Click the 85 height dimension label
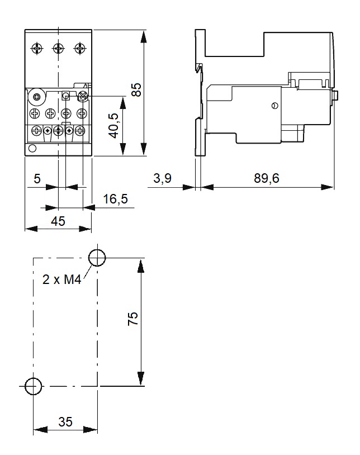(136, 89)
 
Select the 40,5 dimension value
(113, 125)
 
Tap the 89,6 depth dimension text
(267, 178)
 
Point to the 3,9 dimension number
(163, 178)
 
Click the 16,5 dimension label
(116, 199)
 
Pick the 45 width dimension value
(58, 221)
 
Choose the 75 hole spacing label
(133, 319)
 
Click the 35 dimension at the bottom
(65, 421)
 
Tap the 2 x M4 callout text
(62, 279)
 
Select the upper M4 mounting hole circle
(97, 258)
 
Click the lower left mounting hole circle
(34, 386)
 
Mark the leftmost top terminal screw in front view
(37, 48)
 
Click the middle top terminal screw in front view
(58, 48)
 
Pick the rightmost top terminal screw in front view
(80, 48)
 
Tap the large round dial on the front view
(37, 97)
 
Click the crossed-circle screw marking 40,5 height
(83, 96)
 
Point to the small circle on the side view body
(274, 106)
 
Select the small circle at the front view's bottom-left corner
(32, 149)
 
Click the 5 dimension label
(37, 179)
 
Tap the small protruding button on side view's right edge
(335, 95)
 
